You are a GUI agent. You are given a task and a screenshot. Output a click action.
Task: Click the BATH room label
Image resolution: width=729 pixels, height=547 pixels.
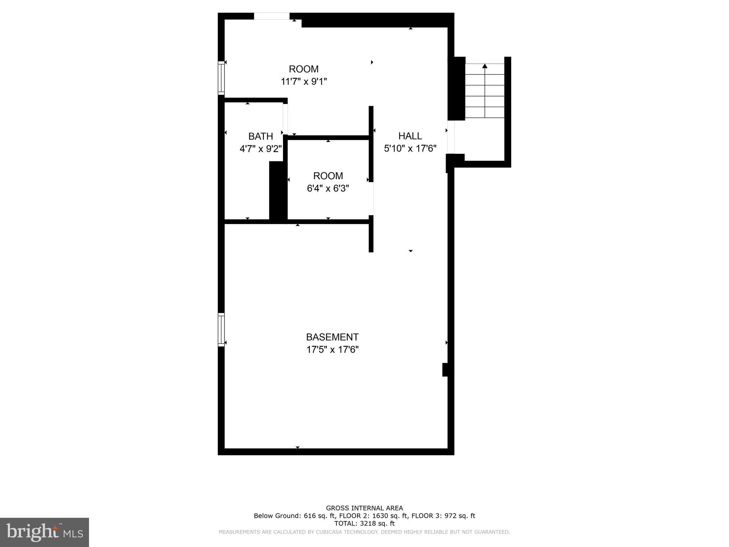(x=261, y=136)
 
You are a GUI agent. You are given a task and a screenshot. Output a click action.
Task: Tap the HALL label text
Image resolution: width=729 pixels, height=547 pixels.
(x=410, y=136)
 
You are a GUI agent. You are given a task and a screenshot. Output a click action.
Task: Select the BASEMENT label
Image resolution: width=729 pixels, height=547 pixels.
(x=332, y=337)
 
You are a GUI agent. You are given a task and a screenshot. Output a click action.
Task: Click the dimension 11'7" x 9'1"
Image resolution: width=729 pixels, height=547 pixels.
(x=304, y=82)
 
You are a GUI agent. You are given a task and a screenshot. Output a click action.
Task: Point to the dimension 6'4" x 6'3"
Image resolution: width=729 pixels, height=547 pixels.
(x=328, y=188)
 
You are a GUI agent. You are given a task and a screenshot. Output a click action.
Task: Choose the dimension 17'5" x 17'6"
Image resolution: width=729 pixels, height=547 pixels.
(x=332, y=349)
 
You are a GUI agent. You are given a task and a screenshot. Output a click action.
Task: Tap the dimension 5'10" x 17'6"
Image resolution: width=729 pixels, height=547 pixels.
(x=410, y=149)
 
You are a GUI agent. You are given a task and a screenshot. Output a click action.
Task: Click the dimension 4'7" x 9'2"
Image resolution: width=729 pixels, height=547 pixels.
(x=261, y=149)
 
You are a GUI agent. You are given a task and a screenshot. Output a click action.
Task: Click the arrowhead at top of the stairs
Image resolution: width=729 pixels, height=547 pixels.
(x=484, y=66)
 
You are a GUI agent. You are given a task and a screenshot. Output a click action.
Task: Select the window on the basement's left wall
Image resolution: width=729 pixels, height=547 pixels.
(x=221, y=329)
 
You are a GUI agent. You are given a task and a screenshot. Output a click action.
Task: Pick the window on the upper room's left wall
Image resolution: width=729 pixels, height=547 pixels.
(x=221, y=78)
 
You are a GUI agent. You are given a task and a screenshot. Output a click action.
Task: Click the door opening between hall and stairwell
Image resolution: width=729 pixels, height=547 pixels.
(x=451, y=137)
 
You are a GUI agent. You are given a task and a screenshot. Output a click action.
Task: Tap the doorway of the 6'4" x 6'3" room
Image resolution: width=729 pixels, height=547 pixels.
(x=371, y=199)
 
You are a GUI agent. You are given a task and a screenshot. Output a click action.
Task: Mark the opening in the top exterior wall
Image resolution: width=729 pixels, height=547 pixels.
(x=272, y=16)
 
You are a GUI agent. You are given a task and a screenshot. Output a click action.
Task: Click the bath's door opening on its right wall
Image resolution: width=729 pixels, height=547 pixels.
(x=285, y=119)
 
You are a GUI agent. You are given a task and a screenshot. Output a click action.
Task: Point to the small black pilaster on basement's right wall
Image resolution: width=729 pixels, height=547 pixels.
(x=445, y=370)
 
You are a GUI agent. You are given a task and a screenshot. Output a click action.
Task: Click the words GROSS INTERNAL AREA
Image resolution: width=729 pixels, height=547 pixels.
(x=364, y=508)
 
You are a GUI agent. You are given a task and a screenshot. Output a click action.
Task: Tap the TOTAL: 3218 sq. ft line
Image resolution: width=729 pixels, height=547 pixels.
(x=364, y=523)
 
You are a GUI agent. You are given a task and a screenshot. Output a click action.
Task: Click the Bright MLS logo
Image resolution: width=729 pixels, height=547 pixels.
(x=44, y=532)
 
